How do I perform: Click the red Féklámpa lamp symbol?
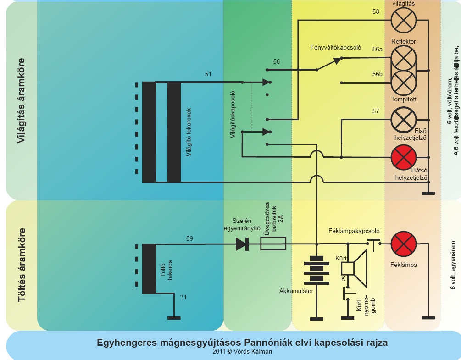click(403, 244)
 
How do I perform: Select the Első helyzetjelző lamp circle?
click(403, 120)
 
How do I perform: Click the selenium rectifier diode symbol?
click(242, 244)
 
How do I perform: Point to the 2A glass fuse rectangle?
click(273, 244)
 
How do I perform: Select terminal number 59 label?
click(189, 238)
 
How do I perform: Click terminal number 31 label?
click(183, 298)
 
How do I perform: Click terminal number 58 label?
click(376, 11)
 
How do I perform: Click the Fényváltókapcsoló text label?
click(336, 47)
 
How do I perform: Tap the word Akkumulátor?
click(296, 291)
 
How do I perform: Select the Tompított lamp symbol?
click(403, 83)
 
